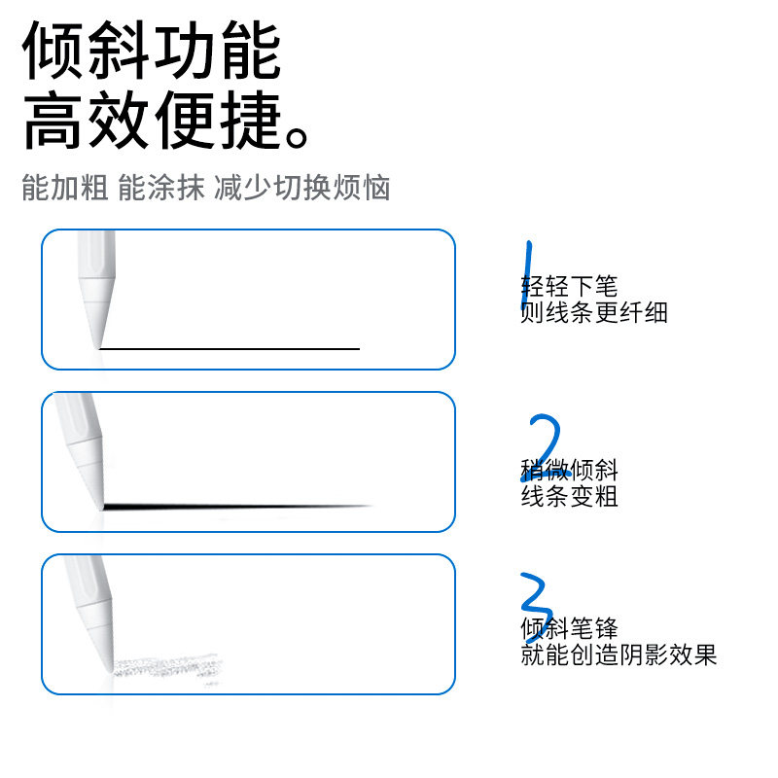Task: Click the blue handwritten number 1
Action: pos(527,275)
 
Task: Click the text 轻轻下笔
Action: pos(569,287)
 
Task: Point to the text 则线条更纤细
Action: pos(594,312)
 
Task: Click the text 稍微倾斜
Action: pos(569,471)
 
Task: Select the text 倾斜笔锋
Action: pos(569,628)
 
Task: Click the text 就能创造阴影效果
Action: pos(619,654)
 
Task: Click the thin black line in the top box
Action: pos(230,348)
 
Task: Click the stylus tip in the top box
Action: pos(96,331)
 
